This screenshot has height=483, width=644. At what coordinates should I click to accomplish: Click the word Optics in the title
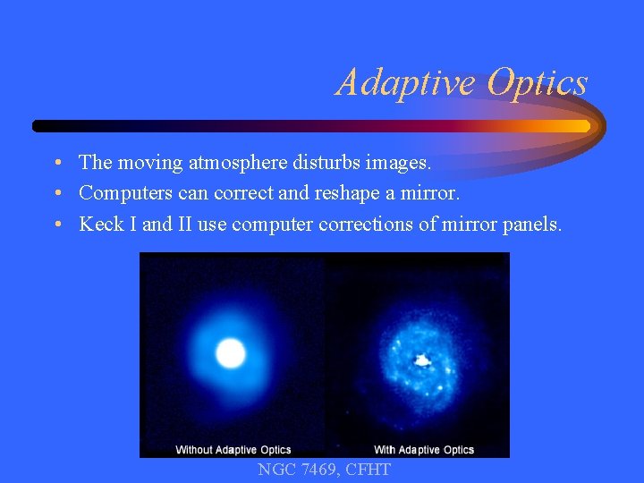[537, 82]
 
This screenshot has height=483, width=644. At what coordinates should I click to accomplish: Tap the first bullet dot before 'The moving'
[56, 164]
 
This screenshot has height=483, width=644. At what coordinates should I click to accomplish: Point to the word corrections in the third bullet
[363, 224]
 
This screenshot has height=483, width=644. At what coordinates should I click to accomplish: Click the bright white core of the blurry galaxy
[231, 353]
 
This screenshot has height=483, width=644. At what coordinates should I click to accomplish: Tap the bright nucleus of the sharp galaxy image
[421, 361]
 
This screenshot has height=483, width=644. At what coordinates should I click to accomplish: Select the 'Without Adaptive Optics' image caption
[233, 449]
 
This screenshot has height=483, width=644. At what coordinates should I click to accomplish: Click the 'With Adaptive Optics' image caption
[423, 449]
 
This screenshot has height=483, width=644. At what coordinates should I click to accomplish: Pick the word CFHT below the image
[368, 470]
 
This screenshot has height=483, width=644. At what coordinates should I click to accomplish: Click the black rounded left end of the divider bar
[38, 126]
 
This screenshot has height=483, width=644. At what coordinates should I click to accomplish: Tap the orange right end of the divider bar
[581, 126]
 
